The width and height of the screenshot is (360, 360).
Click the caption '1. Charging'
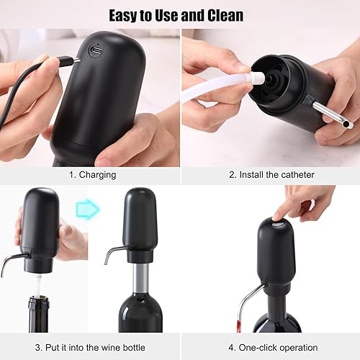point(92,174)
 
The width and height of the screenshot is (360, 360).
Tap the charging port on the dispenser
point(95,51)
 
